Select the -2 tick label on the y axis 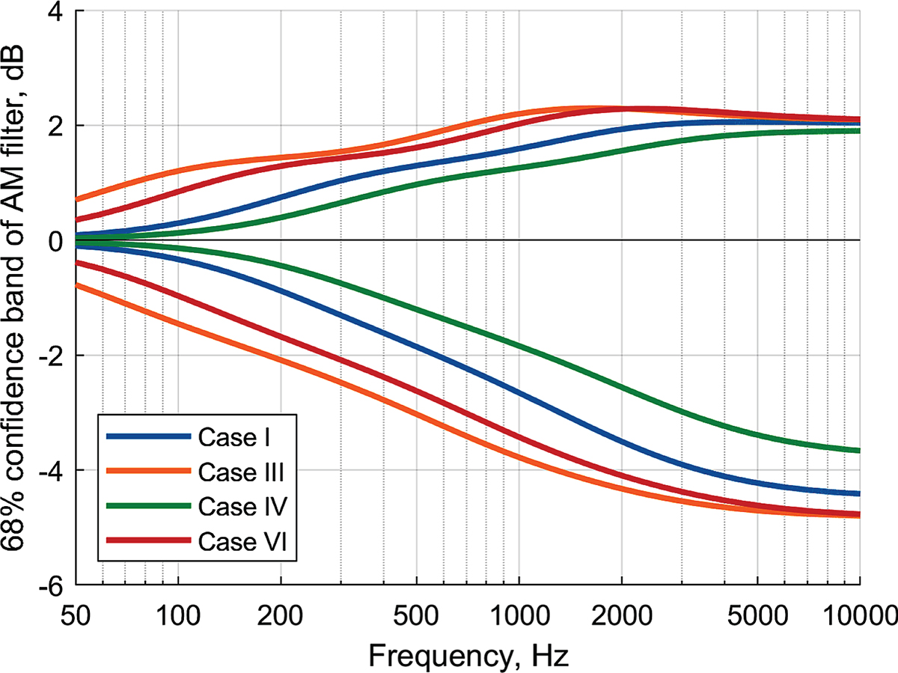click(x=53, y=356)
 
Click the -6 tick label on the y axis click(x=53, y=585)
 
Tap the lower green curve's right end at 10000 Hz click(x=858, y=450)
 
